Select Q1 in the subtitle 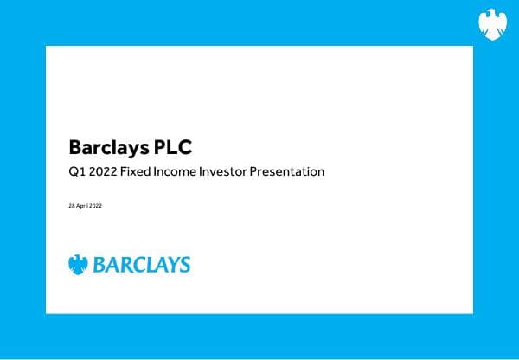pyautogui.click(x=76, y=171)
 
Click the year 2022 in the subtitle pyautogui.click(x=103, y=171)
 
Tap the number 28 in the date pyautogui.click(x=71, y=205)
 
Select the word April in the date pyautogui.click(x=82, y=205)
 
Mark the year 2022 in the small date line pyautogui.click(x=96, y=205)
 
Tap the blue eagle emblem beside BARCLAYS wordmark pyautogui.click(x=79, y=264)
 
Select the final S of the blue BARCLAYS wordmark pyautogui.click(x=184, y=265)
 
